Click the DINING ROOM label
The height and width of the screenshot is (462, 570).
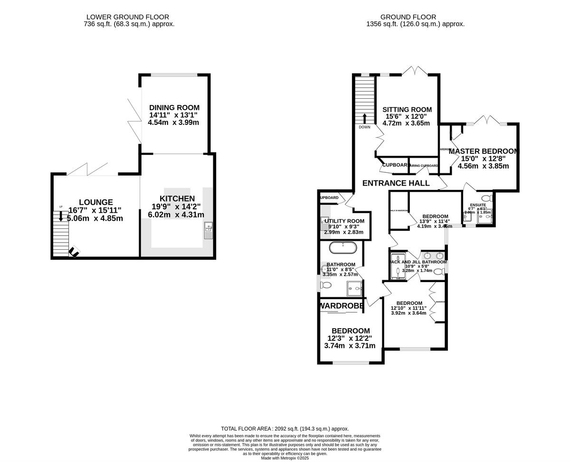(x=174, y=108)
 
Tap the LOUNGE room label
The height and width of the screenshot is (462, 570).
(x=96, y=202)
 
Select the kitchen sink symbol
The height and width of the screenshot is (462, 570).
(x=208, y=230)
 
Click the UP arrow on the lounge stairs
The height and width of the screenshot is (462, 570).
(x=61, y=217)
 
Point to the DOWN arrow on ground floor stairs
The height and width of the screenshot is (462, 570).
(x=364, y=118)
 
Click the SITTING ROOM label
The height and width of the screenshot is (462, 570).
(x=407, y=110)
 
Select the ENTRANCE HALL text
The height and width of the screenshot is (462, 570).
(x=396, y=183)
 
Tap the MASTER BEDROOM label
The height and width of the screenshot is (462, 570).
(x=484, y=151)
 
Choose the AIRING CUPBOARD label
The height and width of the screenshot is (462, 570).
(x=424, y=166)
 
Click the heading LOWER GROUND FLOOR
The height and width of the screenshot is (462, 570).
(x=126, y=17)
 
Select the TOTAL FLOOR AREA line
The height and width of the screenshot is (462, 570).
(x=285, y=428)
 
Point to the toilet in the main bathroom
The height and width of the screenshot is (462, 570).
(x=325, y=285)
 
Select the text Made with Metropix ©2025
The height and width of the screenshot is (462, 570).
(x=285, y=458)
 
